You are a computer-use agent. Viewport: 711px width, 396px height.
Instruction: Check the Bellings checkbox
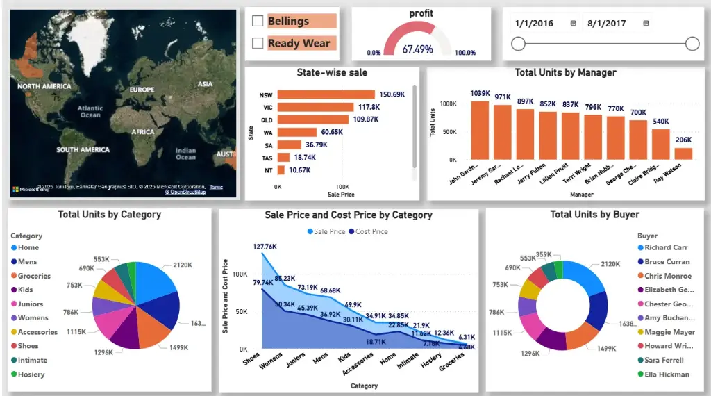pyautogui.click(x=258, y=22)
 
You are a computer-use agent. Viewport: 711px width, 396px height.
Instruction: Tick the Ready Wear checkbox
pyautogui.click(x=258, y=44)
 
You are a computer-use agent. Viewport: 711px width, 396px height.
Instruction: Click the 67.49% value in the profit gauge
pyautogui.click(x=417, y=49)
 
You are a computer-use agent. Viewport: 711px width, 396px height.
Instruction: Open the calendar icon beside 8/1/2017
pyautogui.click(x=646, y=23)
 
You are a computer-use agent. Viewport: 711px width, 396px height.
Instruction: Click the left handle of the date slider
pyautogui.click(x=517, y=44)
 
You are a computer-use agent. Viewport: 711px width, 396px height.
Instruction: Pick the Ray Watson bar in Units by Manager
pyautogui.click(x=683, y=154)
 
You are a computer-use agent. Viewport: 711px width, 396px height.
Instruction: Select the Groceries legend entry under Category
pyautogui.click(x=34, y=276)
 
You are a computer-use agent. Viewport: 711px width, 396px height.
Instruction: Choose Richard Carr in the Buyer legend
pyautogui.click(x=667, y=247)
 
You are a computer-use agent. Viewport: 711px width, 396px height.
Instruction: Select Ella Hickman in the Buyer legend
pyautogui.click(x=667, y=374)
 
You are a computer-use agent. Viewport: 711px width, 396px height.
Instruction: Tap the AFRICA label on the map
pyautogui.click(x=143, y=132)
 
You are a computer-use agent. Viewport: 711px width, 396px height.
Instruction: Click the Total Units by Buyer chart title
pyautogui.click(x=594, y=215)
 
